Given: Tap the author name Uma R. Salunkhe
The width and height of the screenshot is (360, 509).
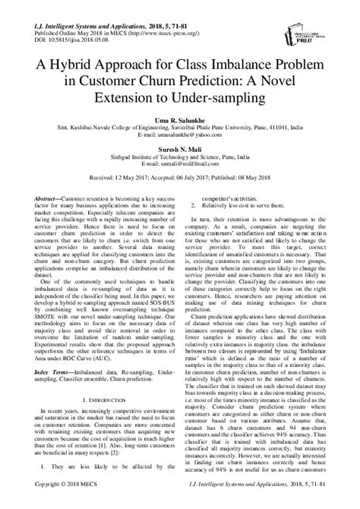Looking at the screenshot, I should (x=179, y=125).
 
